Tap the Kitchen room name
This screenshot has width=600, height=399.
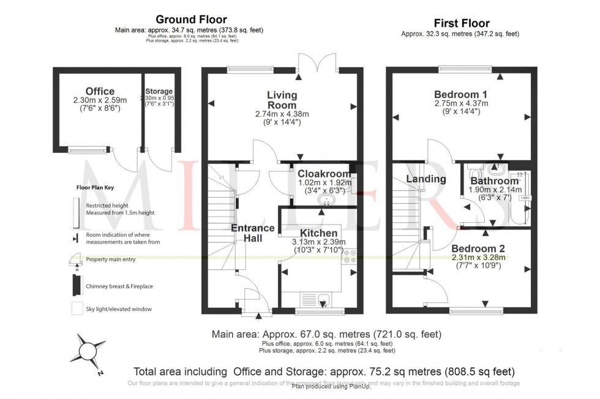click(318, 233)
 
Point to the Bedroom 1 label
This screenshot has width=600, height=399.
click(460, 94)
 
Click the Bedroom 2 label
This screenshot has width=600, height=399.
click(479, 248)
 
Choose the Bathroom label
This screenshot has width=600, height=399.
click(494, 181)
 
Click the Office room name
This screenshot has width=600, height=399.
click(100, 92)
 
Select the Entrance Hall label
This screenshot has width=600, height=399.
click(252, 233)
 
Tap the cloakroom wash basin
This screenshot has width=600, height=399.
click(325, 200)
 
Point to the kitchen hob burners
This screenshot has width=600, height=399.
click(351, 256)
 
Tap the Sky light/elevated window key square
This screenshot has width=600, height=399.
click(76, 308)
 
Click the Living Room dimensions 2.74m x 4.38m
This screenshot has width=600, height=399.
click(282, 114)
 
